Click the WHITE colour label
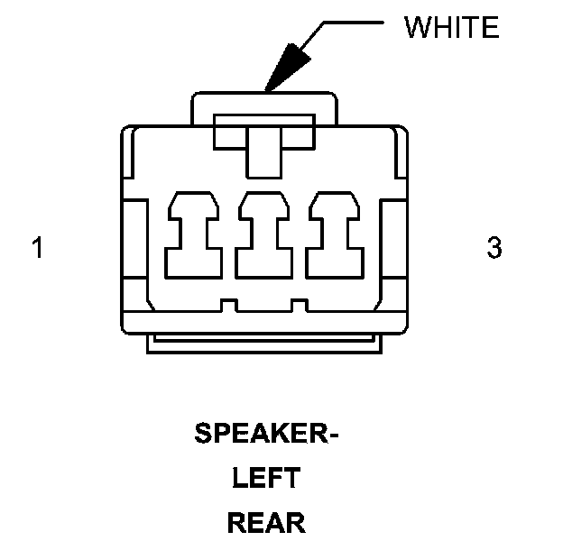point(451,27)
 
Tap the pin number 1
point(37,248)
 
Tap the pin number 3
point(494,248)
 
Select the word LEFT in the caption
point(266,479)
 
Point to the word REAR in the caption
point(266,522)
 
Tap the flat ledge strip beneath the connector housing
point(264,344)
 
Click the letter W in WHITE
point(417,27)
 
